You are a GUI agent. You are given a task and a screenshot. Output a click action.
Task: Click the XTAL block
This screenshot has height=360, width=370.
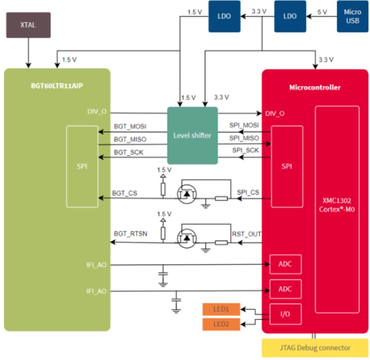pos(28,25)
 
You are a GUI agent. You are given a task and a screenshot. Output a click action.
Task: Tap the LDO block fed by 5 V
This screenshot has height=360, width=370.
pos(290,16)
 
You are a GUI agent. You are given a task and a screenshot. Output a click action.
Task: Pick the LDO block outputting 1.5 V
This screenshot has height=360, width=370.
pos(224,16)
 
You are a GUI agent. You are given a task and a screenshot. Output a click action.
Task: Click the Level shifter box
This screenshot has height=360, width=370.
pos(192,135)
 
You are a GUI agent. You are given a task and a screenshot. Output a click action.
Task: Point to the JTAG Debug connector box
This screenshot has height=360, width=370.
pos(315,347)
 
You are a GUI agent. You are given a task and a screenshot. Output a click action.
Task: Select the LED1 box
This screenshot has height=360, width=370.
pos(221,309)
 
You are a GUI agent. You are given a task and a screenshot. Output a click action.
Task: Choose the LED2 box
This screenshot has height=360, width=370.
pos(221,325)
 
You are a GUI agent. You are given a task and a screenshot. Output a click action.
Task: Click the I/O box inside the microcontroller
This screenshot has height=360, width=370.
pos(286,314)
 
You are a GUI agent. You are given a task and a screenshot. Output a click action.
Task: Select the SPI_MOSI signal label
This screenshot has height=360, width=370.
pos(244,126)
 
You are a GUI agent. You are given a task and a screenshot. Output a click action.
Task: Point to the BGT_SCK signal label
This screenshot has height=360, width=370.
pos(128,152)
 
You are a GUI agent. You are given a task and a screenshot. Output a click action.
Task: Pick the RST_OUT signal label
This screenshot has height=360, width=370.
pos(246,234)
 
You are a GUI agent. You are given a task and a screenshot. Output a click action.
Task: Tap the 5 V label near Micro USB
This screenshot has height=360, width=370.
pos(322,11)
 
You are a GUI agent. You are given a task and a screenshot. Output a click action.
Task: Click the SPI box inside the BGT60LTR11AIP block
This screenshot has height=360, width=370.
pos(82,166)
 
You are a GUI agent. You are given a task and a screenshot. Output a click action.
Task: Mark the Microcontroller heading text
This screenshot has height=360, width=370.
pos(315,88)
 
